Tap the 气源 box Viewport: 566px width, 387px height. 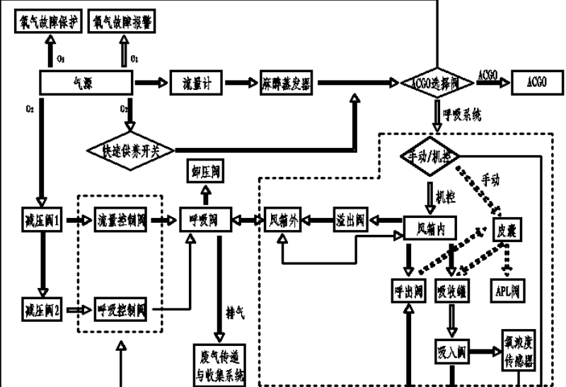coord(83,83)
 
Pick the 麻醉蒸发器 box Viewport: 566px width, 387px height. coord(288,83)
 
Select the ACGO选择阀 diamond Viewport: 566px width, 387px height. coord(436,83)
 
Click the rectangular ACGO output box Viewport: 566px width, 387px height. coord(537,82)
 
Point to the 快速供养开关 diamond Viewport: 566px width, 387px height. coord(131,149)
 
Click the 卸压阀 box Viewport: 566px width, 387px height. coord(205,172)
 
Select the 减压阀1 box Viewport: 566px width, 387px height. coord(44,220)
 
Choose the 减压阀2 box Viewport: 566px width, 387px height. coord(43,308)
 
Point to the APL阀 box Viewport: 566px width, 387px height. coord(507,289)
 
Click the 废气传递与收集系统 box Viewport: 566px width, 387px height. coord(220,364)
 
